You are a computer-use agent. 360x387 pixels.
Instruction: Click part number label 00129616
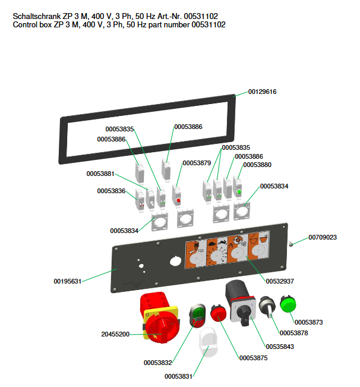tap(262, 92)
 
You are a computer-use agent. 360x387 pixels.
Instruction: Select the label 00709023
tap(323, 237)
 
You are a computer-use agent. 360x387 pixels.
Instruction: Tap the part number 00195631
tap(67, 281)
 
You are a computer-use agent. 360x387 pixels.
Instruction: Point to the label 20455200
tap(115, 335)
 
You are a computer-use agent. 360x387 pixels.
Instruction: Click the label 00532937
tap(280, 280)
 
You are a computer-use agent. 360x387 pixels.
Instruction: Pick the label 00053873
tap(308, 322)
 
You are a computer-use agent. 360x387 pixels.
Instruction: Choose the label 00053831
tap(179, 376)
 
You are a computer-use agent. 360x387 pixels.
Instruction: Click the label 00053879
tap(197, 163)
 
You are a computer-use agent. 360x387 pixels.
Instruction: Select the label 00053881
tap(100, 174)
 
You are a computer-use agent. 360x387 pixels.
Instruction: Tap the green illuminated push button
tap(288, 303)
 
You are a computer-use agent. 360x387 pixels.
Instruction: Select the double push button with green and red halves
tap(198, 315)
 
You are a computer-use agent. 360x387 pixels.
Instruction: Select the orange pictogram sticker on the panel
tap(228, 248)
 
